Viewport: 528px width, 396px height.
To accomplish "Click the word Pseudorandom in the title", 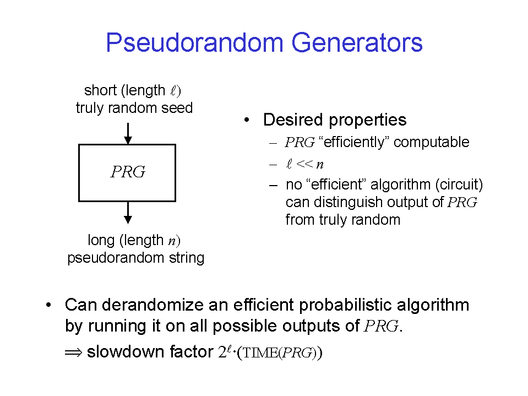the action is click(195, 43).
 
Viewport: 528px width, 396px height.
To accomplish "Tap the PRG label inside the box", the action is click(128, 172).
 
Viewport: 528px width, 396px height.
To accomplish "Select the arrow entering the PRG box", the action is click(128, 134).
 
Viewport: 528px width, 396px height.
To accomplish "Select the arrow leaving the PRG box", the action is click(128, 213).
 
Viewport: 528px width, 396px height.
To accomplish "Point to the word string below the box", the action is click(187, 258).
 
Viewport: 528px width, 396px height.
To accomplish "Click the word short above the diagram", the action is click(100, 90).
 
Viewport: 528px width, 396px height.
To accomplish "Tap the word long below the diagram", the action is click(101, 241).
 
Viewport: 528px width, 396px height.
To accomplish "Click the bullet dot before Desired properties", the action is click(247, 120).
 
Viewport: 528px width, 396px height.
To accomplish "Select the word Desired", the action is click(293, 120).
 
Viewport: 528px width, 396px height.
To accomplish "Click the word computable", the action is click(431, 142).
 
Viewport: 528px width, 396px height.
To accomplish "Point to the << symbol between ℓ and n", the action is click(304, 164).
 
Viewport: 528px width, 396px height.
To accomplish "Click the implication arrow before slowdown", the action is click(73, 352).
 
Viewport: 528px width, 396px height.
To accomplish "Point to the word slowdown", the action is click(126, 351).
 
